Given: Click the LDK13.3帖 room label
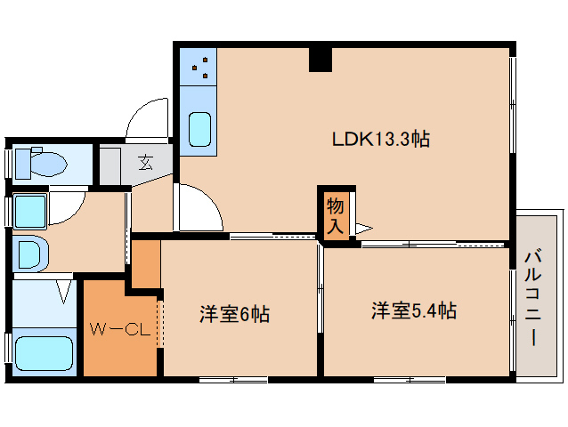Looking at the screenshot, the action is (381, 139).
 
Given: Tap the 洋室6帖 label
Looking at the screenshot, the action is (234, 314).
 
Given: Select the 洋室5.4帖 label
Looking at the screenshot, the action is (414, 310).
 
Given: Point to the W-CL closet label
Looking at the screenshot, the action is (120, 329).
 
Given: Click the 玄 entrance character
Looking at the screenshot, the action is (146, 162).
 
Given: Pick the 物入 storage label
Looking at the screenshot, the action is (335, 217).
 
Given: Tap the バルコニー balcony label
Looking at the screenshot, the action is (533, 298).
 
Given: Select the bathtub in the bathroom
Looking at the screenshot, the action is (45, 353).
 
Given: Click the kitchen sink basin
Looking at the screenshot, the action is (199, 130).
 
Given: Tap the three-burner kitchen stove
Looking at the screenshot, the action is (199, 67).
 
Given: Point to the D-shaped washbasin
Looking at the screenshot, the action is (31, 254).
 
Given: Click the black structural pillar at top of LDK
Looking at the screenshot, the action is (321, 60).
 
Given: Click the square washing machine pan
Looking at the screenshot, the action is (30, 212).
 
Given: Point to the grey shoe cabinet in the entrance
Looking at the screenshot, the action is (110, 165).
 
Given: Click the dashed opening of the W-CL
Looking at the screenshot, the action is (160, 324).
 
